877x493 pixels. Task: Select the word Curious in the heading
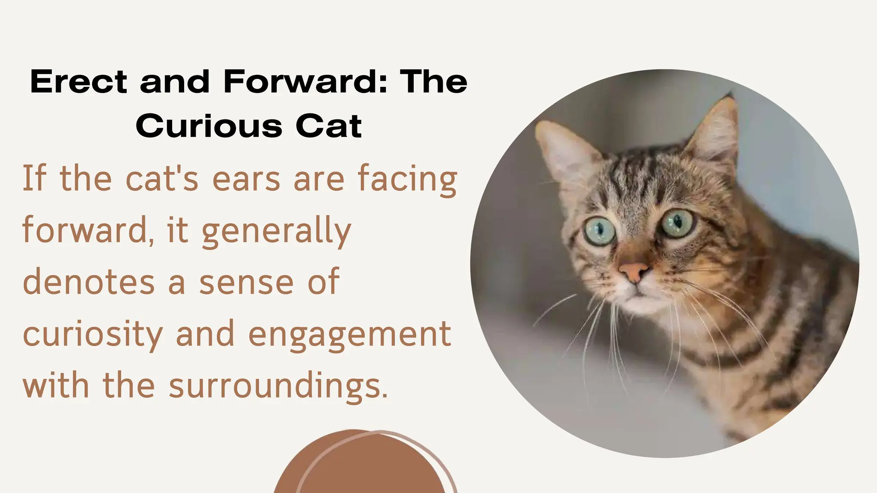click(x=209, y=126)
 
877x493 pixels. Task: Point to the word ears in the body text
click(x=246, y=179)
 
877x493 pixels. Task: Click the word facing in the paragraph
click(x=407, y=180)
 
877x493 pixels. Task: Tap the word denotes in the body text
click(x=89, y=282)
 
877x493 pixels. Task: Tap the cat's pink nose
click(x=634, y=271)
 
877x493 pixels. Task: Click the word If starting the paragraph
click(x=33, y=179)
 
